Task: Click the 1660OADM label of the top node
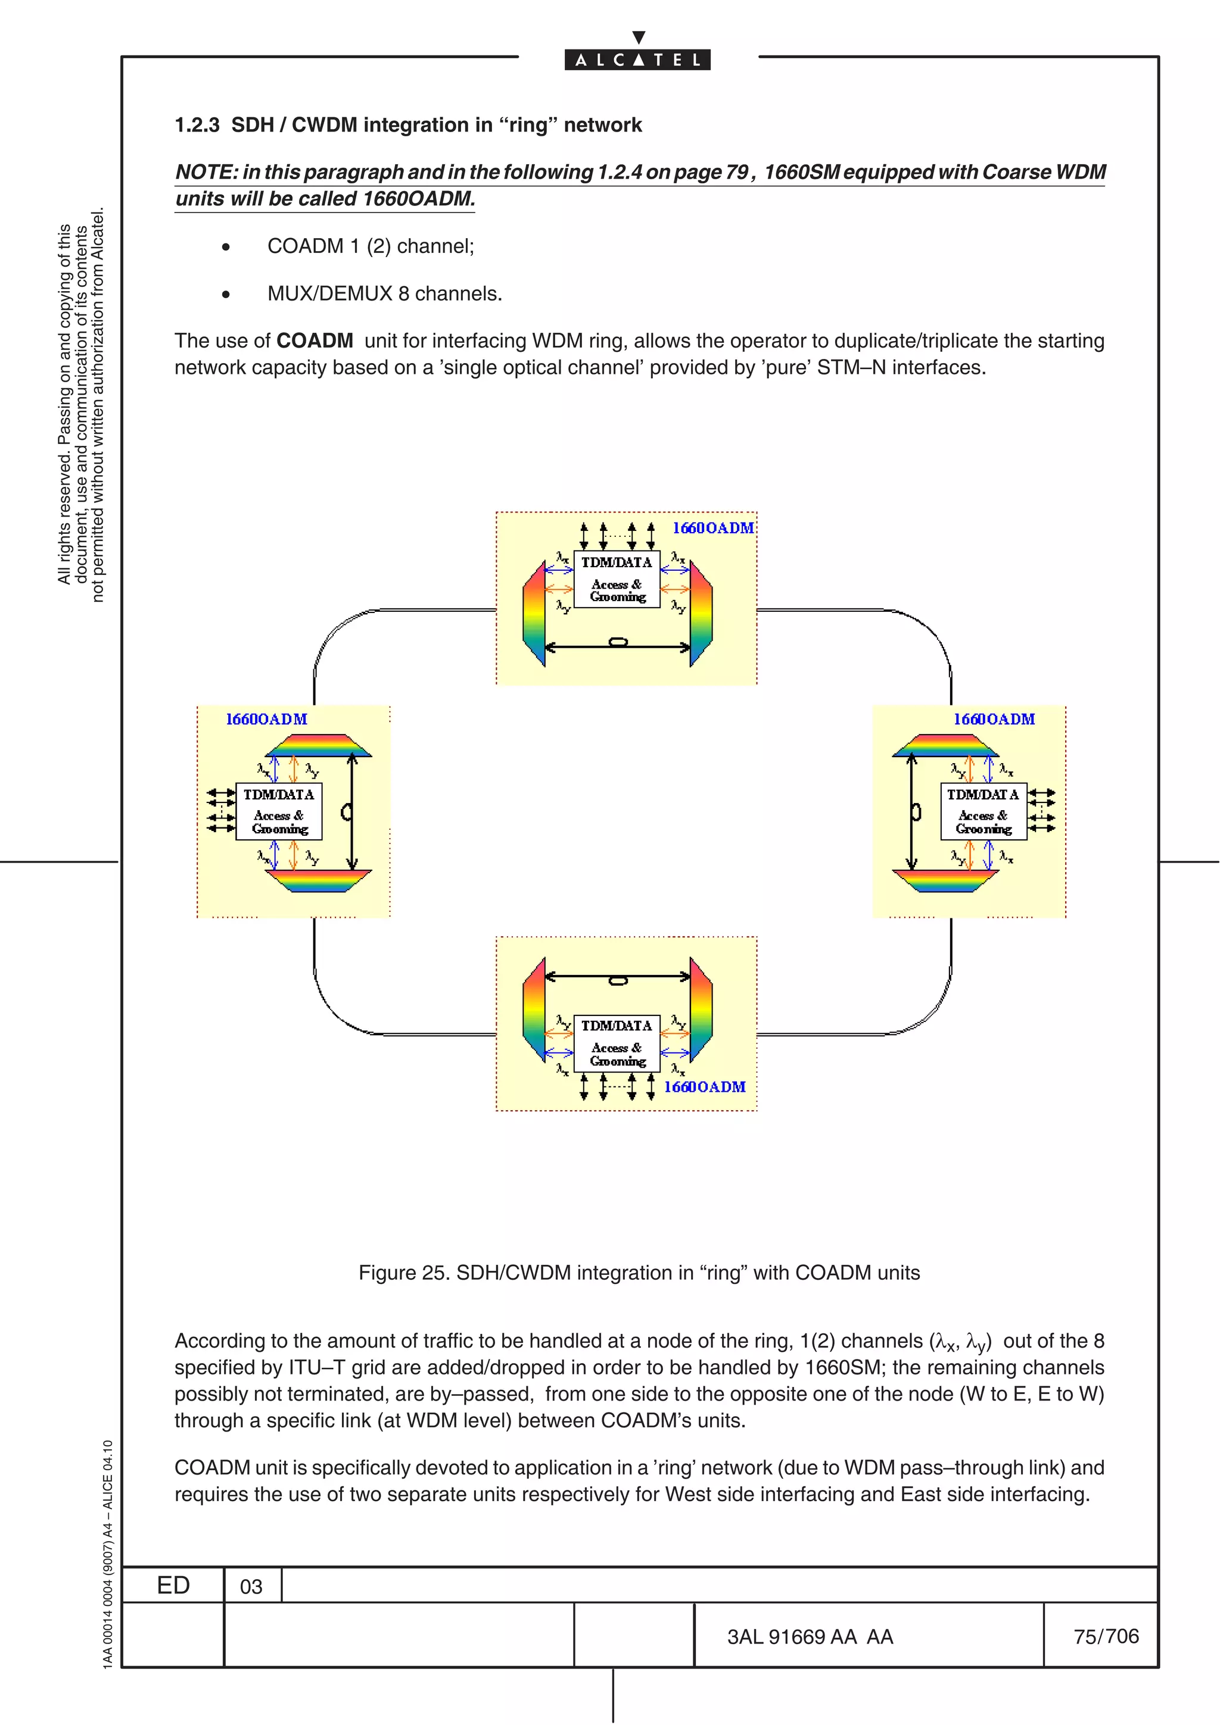pyautogui.click(x=712, y=528)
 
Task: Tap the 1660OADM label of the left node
pyautogui.click(x=267, y=719)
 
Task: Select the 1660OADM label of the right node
pyautogui.click(x=994, y=719)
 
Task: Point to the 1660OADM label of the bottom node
pyautogui.click(x=704, y=1086)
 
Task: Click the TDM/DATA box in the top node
pyautogui.click(x=617, y=579)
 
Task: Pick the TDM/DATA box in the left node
pyautogui.click(x=278, y=811)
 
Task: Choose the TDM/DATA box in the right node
pyautogui.click(x=984, y=811)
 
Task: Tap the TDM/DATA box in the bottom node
pyautogui.click(x=617, y=1043)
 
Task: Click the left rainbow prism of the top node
pyautogui.click(x=534, y=613)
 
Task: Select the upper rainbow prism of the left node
pyautogui.click(x=319, y=745)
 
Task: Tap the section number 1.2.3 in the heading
pyautogui.click(x=197, y=125)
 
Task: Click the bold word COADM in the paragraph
pyautogui.click(x=314, y=341)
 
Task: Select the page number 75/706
pyautogui.click(x=1106, y=1636)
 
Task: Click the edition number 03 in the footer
pyautogui.click(x=251, y=1586)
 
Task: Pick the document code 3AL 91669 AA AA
pyautogui.click(x=810, y=1637)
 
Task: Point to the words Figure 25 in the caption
pyautogui.click(x=402, y=1273)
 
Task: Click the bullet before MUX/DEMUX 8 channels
pyautogui.click(x=226, y=295)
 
